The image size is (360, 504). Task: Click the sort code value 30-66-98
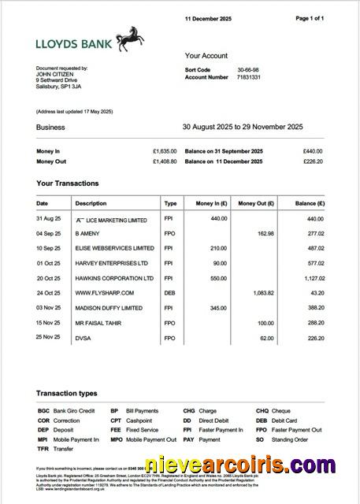pyautogui.click(x=249, y=70)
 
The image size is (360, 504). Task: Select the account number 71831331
pyautogui.click(x=251, y=78)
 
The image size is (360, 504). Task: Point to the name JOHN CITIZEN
pyautogui.click(x=56, y=74)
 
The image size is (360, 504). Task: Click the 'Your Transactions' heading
pyautogui.click(x=68, y=183)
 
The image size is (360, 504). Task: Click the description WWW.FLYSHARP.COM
pyautogui.click(x=106, y=292)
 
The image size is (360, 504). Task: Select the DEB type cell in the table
pyautogui.click(x=171, y=292)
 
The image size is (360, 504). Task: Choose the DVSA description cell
pyautogui.click(x=84, y=337)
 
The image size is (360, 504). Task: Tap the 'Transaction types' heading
pyautogui.click(x=66, y=392)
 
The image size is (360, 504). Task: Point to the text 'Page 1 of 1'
pyautogui.click(x=309, y=17)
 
